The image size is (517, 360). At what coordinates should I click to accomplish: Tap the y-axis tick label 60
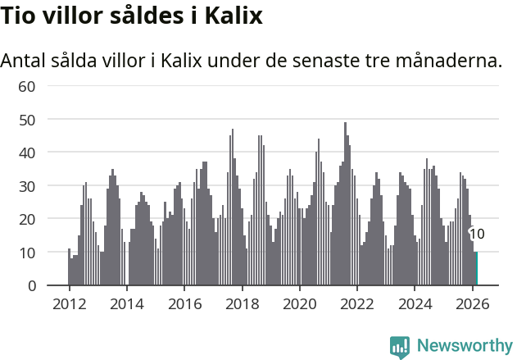[26, 86]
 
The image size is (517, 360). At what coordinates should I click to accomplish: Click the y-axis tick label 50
[26, 120]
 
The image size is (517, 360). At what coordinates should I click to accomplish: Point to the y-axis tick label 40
[26, 153]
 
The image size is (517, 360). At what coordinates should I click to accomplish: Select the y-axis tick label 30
[26, 186]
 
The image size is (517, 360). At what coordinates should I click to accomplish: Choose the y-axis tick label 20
[26, 220]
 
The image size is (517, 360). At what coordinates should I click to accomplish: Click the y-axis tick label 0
[31, 286]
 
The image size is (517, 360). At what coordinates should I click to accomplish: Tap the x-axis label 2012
[69, 303]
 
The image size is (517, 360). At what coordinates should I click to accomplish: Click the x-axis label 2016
[184, 303]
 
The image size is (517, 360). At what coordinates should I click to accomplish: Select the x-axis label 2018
[242, 303]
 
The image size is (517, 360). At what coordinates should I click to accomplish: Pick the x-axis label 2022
[357, 303]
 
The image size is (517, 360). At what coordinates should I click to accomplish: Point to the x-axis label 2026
[473, 303]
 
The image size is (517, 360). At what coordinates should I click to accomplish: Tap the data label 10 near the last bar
[477, 234]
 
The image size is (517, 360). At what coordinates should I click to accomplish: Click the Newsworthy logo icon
[400, 346]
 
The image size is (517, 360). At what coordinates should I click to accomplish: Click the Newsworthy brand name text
[464, 346]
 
